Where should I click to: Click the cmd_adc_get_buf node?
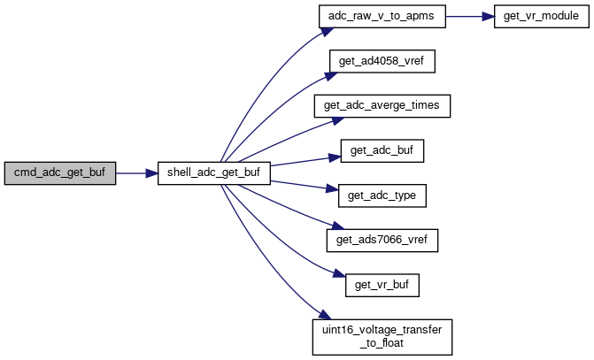(59, 173)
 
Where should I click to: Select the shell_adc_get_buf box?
(213, 173)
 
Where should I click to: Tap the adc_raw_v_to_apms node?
(382, 18)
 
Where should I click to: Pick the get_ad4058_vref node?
(382, 62)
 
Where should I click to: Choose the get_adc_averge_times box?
(382, 106)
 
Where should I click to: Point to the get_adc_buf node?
(382, 150)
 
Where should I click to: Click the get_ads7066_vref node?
(382, 240)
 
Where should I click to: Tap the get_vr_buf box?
(382, 285)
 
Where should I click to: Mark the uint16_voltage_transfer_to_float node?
(382, 335)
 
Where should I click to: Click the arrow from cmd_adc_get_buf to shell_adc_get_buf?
(136, 173)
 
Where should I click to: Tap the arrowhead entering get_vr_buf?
(339, 278)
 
